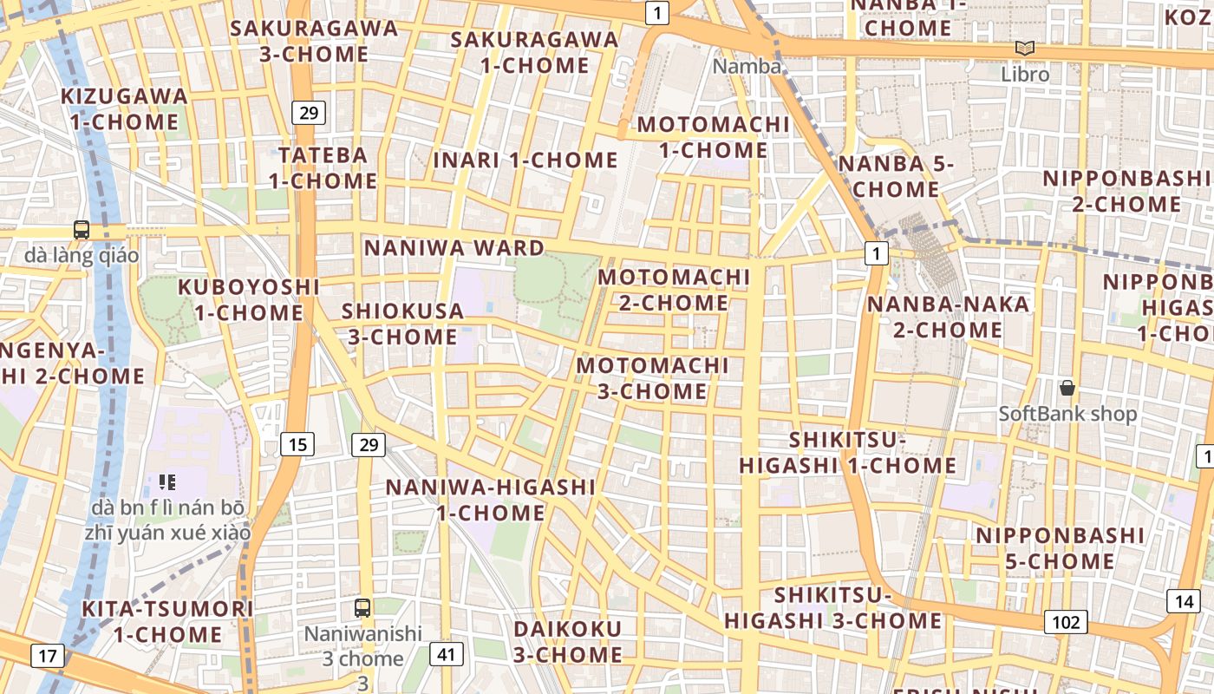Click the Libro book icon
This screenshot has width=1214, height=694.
(x=1025, y=49)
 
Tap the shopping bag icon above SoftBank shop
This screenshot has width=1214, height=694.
(x=1067, y=387)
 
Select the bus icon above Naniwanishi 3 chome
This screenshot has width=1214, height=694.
(x=362, y=607)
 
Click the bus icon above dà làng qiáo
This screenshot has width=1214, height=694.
(x=82, y=230)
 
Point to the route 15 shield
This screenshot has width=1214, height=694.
(x=297, y=445)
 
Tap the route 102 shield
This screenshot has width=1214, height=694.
(x=1066, y=622)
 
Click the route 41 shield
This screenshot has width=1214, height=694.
(x=446, y=654)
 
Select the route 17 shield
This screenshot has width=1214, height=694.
(x=47, y=656)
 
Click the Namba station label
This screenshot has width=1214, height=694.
(x=747, y=66)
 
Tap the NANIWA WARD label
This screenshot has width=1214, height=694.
(x=454, y=248)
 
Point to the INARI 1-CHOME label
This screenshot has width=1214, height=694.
(x=525, y=160)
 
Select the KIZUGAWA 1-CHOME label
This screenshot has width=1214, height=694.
(x=125, y=108)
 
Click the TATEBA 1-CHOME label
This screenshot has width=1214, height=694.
(x=323, y=168)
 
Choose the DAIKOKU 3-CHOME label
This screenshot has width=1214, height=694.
(x=568, y=641)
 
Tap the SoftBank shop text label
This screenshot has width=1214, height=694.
(x=1067, y=414)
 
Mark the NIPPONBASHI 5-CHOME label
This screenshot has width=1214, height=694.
(x=1061, y=548)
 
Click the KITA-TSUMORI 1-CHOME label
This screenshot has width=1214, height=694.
(x=168, y=621)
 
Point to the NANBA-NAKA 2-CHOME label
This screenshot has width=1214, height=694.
(x=936, y=317)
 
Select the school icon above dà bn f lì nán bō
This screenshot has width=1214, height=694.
(x=168, y=481)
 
